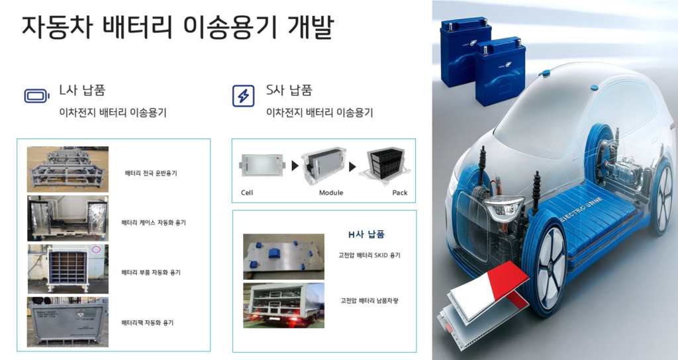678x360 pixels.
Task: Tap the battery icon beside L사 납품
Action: point(37,95)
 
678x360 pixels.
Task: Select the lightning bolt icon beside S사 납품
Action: point(244,95)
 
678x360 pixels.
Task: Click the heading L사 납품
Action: point(82,90)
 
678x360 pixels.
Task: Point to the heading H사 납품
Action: point(366,235)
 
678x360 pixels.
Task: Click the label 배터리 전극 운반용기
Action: point(151,173)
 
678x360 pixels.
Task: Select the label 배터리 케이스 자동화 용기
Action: point(154,223)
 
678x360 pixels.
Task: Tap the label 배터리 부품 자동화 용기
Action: point(151,273)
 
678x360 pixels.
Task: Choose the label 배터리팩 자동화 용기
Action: point(148,323)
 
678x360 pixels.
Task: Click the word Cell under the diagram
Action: point(247,193)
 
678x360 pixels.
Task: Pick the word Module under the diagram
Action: point(331,193)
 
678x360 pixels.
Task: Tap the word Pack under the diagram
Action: point(400,193)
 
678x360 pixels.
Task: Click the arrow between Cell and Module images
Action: point(295,166)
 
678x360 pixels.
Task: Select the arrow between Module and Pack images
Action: point(352,166)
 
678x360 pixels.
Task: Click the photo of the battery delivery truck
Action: point(283,305)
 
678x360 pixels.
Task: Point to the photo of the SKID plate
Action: point(283,256)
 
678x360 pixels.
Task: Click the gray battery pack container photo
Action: point(68,322)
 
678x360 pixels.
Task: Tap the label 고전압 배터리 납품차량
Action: point(369,301)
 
